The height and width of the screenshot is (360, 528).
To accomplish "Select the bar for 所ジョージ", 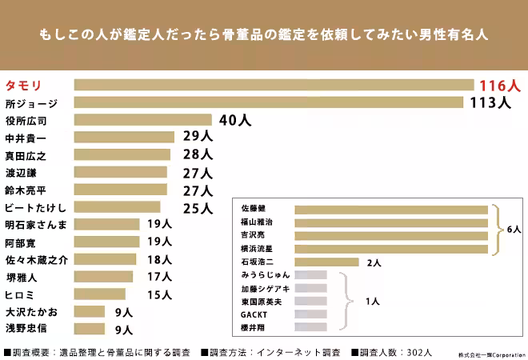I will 269,102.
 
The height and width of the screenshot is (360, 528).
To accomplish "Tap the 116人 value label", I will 499,85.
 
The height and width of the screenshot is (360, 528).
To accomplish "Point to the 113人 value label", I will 490,102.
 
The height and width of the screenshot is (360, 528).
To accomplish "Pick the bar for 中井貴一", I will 124,138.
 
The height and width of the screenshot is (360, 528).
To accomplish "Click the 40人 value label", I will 234,120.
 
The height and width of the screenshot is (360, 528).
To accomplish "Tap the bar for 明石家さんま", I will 107,225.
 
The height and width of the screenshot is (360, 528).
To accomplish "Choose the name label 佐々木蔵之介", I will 37,259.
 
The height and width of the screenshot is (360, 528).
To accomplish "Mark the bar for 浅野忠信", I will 90,329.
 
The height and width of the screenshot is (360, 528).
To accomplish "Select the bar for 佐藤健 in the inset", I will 391,210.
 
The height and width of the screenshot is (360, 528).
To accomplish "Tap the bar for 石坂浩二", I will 326,262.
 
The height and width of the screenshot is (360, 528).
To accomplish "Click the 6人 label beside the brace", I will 514,230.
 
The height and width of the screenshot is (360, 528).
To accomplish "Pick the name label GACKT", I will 254,314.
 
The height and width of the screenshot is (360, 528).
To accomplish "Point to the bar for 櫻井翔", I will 311,327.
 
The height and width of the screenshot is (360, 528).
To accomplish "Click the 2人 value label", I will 374,262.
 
